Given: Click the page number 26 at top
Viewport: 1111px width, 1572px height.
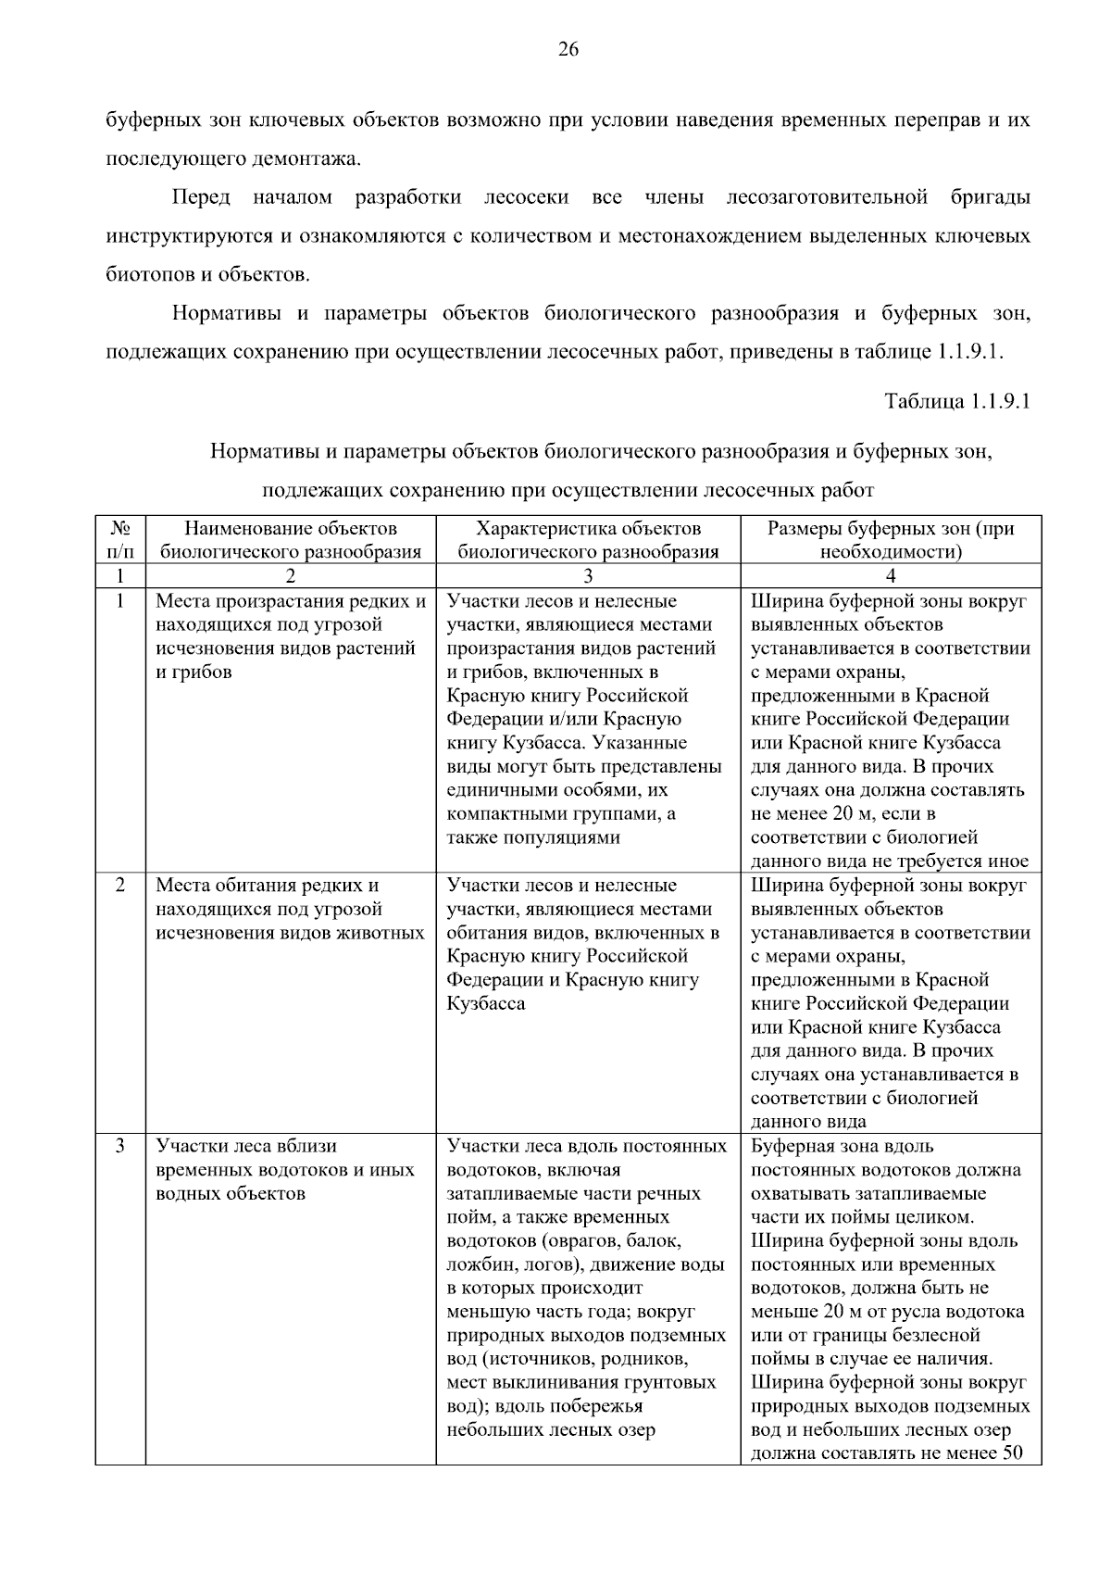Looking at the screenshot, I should pos(568,50).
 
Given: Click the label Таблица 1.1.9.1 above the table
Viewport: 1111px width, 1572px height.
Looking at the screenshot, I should pos(957,402).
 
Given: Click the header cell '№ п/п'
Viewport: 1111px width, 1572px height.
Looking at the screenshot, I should pos(119,540).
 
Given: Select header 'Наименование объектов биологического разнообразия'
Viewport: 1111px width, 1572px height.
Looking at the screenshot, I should pos(291,540).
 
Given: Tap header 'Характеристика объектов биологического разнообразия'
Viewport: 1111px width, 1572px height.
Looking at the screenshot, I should pos(588,540).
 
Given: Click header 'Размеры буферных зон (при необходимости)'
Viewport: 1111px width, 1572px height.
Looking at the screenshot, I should pos(891,540).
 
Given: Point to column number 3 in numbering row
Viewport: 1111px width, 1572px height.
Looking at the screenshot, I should pos(588,576).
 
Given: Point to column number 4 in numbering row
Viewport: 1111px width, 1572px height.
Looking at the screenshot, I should pos(891,576).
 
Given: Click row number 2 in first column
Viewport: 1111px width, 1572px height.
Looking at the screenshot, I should pos(120,885).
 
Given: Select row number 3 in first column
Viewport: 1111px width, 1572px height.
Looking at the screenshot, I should pos(120,1146).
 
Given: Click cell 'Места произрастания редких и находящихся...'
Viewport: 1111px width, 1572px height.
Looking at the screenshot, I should pos(291,636).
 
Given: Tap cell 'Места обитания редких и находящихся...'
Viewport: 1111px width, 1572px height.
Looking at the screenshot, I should pos(291,909).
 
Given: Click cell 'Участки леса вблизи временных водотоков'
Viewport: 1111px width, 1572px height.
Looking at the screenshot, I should pos(285,1169).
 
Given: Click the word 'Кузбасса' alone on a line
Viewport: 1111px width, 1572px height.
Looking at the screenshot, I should pos(486,1003).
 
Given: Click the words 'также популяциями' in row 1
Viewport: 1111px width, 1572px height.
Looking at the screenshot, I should pos(532,837).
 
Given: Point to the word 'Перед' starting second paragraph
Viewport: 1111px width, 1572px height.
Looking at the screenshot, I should pos(201,197).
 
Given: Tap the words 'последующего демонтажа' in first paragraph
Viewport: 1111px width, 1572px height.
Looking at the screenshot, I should pos(231,159).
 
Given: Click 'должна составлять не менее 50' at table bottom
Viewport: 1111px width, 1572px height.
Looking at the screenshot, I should pos(886,1453).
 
